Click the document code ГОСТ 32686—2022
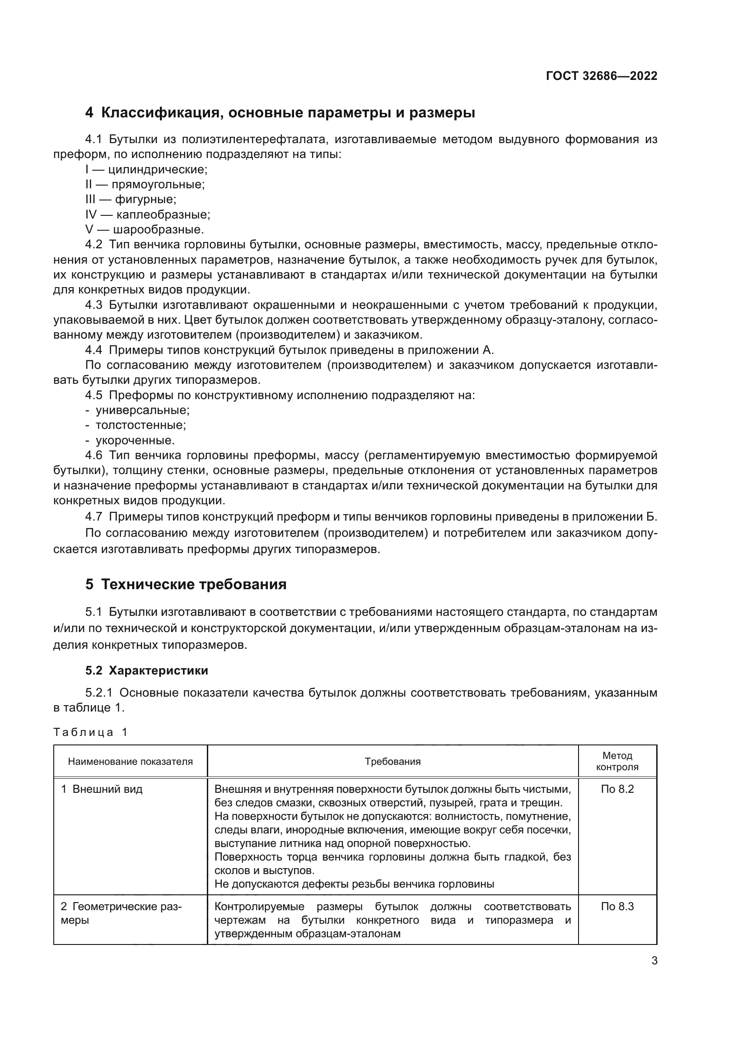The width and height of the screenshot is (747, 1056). click(x=601, y=76)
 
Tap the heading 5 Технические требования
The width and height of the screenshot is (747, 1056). click(x=186, y=584)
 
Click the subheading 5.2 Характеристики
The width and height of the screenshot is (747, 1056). click(x=146, y=670)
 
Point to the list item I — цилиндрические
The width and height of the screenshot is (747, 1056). click(x=146, y=170)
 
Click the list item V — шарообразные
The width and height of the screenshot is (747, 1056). click(x=145, y=229)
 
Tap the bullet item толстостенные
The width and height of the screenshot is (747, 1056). click(x=140, y=425)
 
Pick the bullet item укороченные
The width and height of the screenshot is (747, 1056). click(x=135, y=440)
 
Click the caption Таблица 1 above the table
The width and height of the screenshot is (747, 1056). click(x=90, y=732)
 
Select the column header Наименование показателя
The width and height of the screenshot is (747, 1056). click(x=130, y=762)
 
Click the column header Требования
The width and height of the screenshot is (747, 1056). click(x=392, y=762)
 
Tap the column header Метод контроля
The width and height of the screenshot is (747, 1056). click(x=617, y=761)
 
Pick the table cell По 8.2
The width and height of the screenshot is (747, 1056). click(x=617, y=789)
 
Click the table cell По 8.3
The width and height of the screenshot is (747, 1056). click(x=617, y=907)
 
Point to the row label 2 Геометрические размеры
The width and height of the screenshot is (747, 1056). click(x=121, y=913)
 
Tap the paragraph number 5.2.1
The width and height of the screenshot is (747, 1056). click(x=98, y=693)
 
